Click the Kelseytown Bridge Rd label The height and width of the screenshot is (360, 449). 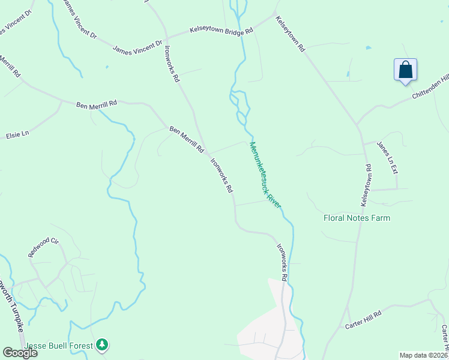coord(221,29)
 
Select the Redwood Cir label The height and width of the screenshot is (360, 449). coord(43,248)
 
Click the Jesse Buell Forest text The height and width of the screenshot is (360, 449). coord(59,346)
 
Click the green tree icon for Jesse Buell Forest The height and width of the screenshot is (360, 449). coord(103,344)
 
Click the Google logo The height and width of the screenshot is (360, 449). coord(20,353)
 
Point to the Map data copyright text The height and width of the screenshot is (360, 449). coord(424,355)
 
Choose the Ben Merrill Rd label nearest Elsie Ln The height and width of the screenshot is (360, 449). coord(96,104)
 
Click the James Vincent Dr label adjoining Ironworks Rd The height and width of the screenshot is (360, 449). coord(137,47)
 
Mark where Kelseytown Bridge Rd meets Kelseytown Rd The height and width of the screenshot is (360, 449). coord(274,16)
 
